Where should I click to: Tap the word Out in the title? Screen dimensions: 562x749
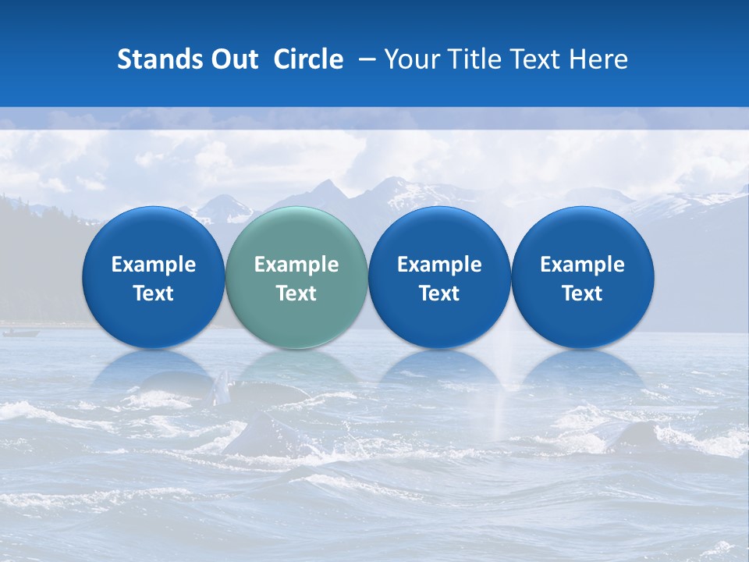click(233, 59)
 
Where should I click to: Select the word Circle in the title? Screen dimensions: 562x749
click(308, 59)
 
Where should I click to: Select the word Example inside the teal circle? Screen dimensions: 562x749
click(296, 265)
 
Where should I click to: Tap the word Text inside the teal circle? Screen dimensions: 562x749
click(296, 293)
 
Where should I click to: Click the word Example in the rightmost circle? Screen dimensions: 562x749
click(582, 265)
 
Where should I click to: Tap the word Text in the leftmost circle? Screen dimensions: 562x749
click(153, 293)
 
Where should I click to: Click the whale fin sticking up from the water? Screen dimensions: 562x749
click(222, 386)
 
